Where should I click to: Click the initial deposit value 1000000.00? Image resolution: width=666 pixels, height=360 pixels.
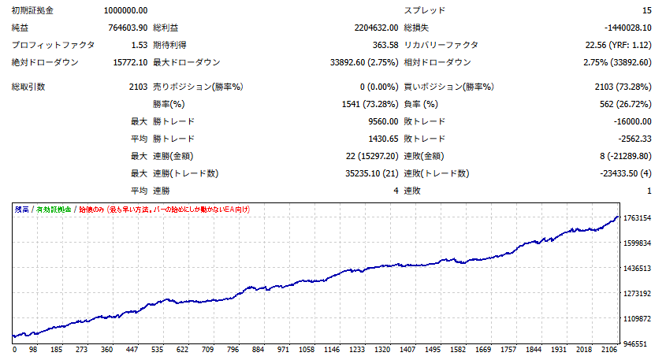tap(125, 10)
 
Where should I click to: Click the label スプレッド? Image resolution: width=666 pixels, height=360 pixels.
tap(425, 10)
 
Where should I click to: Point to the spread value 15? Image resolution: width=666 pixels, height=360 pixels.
tap(646, 10)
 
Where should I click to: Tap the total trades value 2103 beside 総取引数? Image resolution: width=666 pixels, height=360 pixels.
tap(136, 86)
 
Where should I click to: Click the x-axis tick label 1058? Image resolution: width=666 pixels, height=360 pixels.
tap(307, 349)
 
